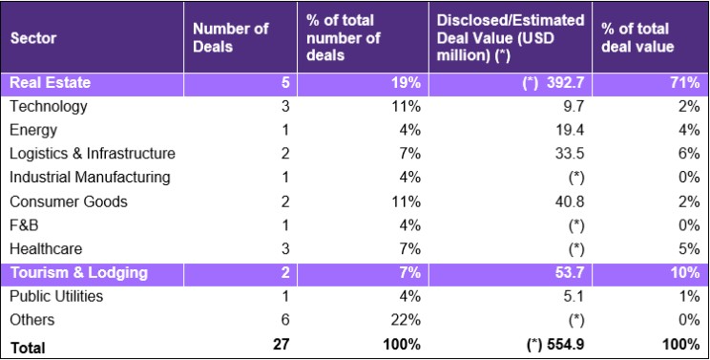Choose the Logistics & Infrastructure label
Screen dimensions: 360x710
coord(93,154)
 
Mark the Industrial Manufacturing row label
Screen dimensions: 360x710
coord(90,178)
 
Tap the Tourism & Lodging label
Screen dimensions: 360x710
coord(79,273)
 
